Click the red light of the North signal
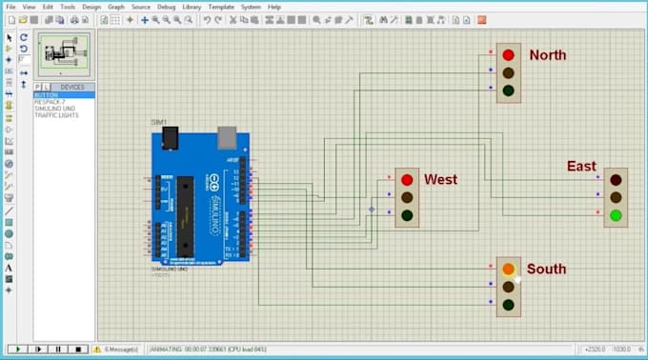pos(509,55)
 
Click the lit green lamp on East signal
pos(616,215)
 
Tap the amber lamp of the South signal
pos(509,270)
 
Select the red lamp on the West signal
pos(407,180)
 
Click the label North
pos(547,55)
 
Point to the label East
pos(581,167)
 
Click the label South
pos(546,270)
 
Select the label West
pos(440,179)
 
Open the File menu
pos(10,7)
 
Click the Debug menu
pos(166,7)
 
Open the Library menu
pos(191,7)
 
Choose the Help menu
pos(274,7)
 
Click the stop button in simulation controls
pos(79,350)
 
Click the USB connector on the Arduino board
pos(227,139)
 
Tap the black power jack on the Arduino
pos(170,139)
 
